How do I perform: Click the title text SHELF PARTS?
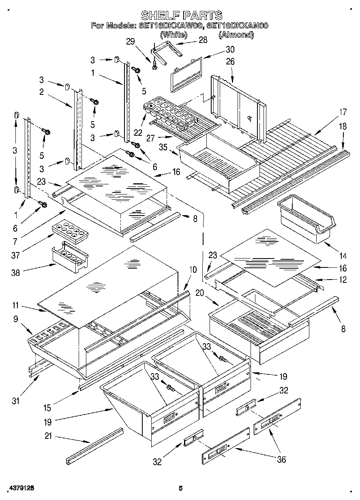click(181, 15)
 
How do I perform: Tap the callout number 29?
click(130, 41)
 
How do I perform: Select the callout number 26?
click(230, 62)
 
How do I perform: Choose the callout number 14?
click(343, 256)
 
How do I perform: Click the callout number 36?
click(281, 459)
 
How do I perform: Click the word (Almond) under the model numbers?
click(236, 35)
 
